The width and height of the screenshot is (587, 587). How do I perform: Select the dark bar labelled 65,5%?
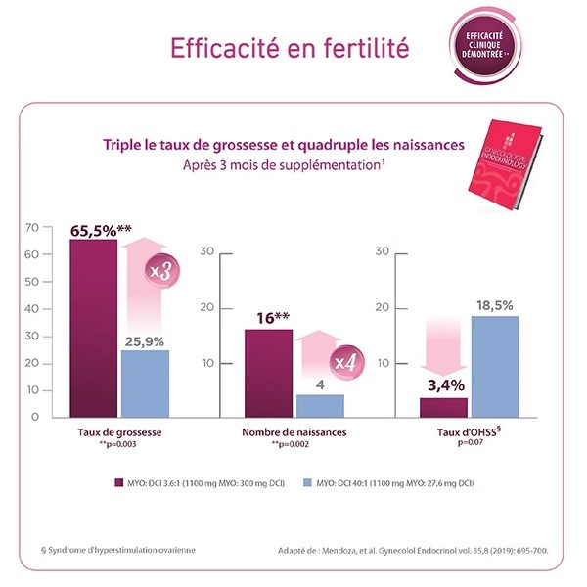(x=93, y=328)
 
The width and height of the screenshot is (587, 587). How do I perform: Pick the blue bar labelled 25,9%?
(x=145, y=383)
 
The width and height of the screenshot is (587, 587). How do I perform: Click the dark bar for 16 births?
(x=268, y=373)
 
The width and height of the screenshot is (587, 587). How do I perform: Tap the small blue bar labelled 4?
(x=320, y=405)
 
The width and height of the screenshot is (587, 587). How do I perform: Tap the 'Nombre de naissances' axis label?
(x=293, y=431)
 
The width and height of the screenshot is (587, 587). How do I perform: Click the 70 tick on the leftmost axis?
(x=32, y=228)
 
